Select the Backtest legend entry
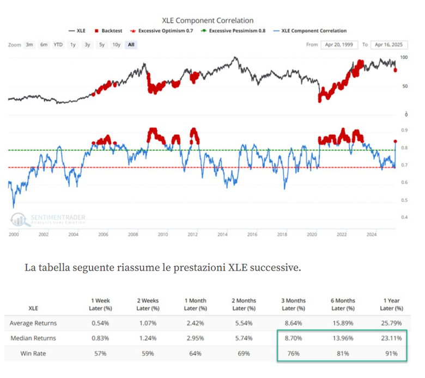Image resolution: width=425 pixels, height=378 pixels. [111, 31]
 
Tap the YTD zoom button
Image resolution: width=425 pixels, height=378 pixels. [58, 45]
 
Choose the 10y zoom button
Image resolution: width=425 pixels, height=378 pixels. [116, 45]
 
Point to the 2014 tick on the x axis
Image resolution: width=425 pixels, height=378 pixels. [222, 235]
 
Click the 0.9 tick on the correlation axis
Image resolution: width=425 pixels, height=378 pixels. [405, 130]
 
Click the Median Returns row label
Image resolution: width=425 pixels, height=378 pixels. [32, 338]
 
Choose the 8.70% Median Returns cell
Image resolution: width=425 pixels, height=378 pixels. [292, 338]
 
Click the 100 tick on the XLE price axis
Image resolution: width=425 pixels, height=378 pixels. [404, 57]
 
